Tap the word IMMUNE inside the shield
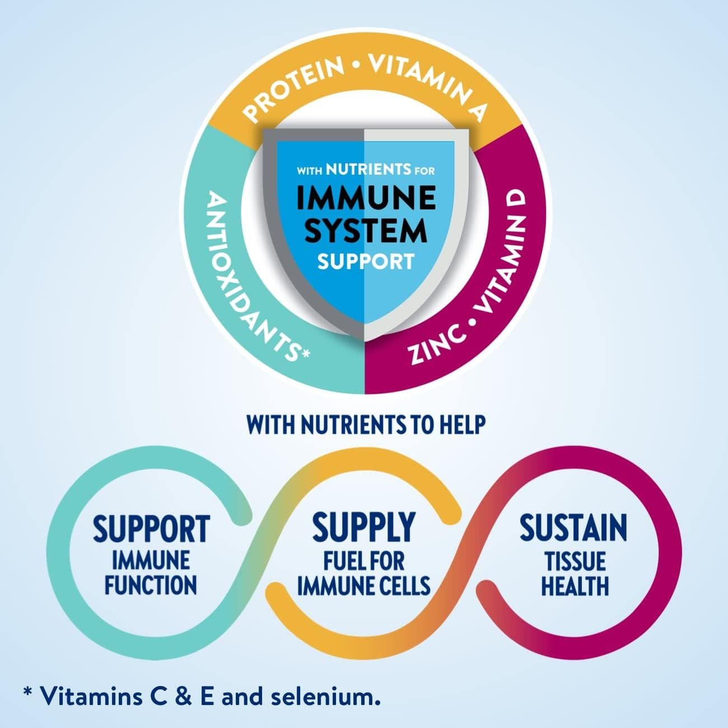366,197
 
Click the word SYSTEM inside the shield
366,230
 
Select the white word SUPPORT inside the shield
366,261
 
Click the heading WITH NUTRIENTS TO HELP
365,425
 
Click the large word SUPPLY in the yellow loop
363,527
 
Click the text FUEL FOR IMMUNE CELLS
363,573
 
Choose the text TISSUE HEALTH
575,573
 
